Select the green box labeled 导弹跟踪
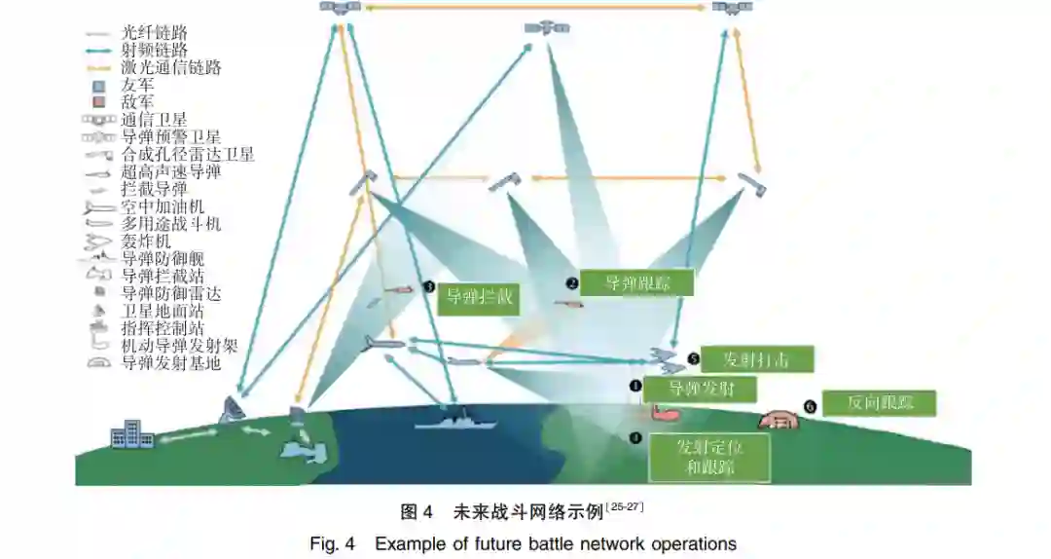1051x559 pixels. (x=637, y=283)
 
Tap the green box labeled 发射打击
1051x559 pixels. (x=756, y=359)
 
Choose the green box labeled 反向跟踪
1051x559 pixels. (x=879, y=403)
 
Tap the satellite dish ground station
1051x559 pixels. (x=233, y=410)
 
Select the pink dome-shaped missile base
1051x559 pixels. (x=779, y=419)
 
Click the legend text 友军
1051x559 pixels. (x=137, y=85)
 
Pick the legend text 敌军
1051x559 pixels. (x=137, y=102)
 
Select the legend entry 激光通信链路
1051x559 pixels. (x=171, y=67)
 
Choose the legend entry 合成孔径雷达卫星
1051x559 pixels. (x=188, y=154)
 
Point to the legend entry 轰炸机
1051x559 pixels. (x=146, y=241)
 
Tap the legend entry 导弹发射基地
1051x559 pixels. (x=171, y=363)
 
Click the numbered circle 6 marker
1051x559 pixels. (x=809, y=405)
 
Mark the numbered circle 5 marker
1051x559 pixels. (x=693, y=359)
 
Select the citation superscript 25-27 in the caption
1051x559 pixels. (x=625, y=506)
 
